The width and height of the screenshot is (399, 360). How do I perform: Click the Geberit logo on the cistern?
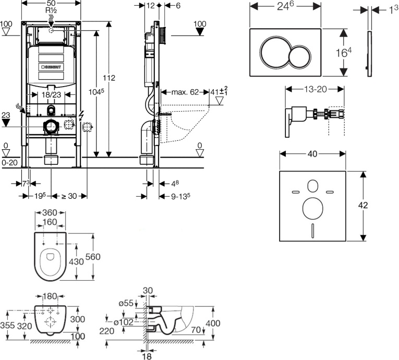(x=52, y=67)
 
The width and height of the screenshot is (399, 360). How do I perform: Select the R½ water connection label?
(x=51, y=11)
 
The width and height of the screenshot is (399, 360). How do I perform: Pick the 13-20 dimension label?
(x=314, y=89)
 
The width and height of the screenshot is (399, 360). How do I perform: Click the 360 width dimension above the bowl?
(x=50, y=213)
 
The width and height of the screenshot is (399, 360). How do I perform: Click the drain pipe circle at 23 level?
(x=51, y=126)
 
